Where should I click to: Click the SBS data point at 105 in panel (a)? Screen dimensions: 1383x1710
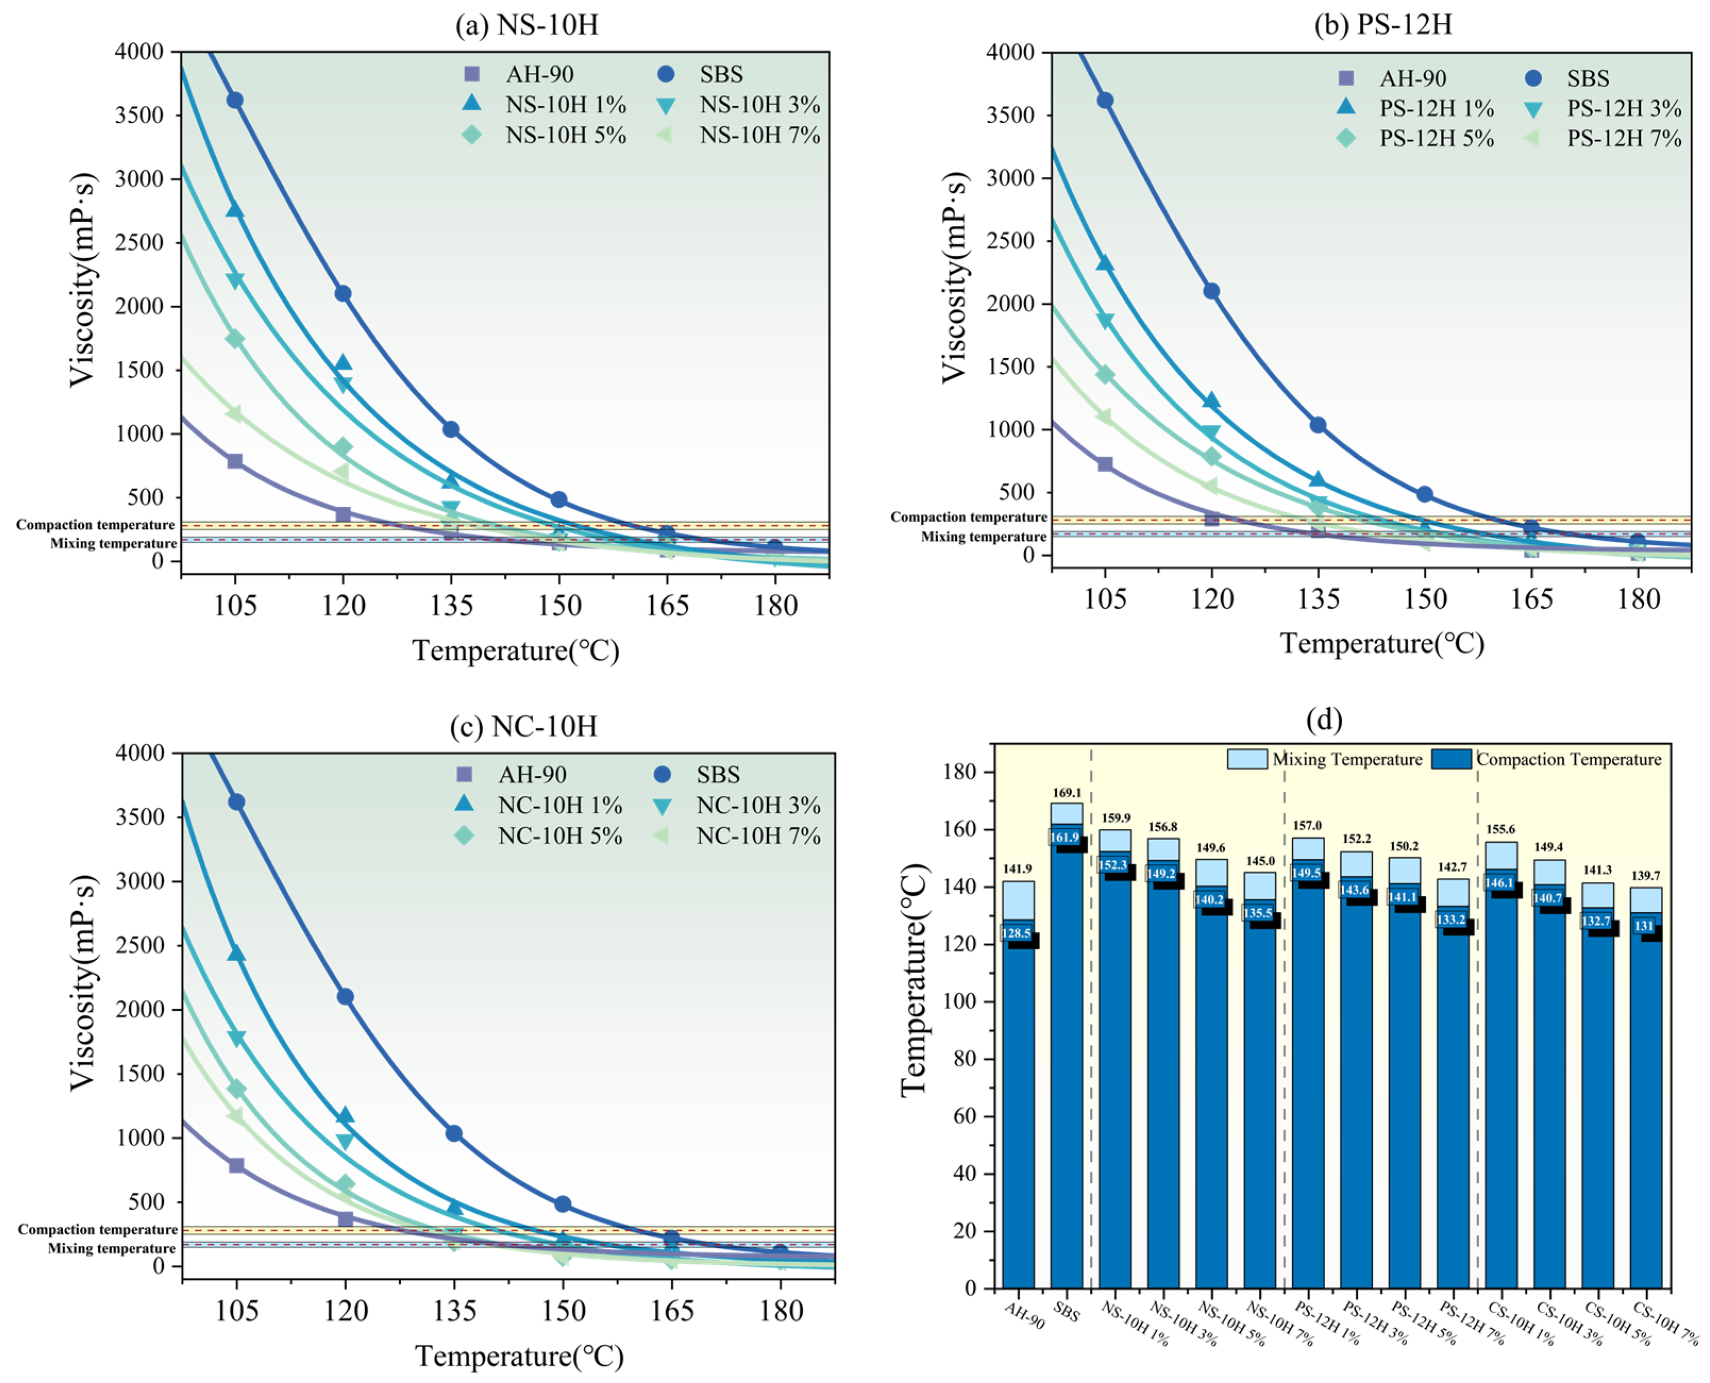click(x=234, y=100)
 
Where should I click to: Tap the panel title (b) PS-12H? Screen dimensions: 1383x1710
click(x=1382, y=24)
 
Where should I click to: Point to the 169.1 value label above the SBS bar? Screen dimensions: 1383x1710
click(x=1066, y=793)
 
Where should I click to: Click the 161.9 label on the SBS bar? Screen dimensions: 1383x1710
click(x=1064, y=837)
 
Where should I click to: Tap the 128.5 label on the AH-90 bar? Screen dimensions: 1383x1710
click(x=1015, y=933)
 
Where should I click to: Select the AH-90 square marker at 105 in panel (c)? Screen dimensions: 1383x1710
click(x=236, y=1166)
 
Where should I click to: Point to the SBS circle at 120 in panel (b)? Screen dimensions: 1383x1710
click(x=1211, y=291)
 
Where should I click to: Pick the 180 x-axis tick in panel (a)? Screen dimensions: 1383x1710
click(x=775, y=606)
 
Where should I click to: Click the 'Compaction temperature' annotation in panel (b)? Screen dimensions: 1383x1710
click(x=968, y=517)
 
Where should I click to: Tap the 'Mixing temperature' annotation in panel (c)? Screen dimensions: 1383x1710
click(x=112, y=1248)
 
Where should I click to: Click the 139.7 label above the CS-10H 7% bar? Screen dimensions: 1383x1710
click(x=1646, y=876)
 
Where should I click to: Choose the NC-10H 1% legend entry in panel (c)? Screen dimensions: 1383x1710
click(x=559, y=806)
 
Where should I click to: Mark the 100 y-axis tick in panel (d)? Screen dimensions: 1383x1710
click(x=965, y=1001)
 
